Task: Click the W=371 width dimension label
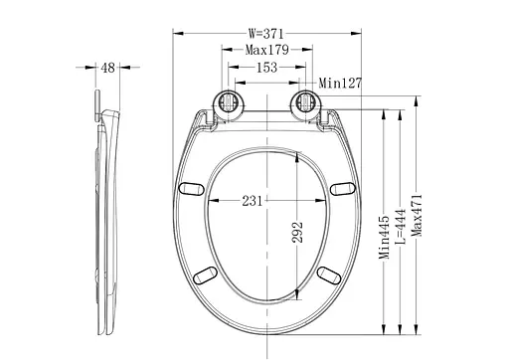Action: tap(266, 34)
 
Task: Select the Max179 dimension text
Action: tap(267, 50)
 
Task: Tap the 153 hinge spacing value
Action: tap(266, 68)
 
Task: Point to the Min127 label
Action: tap(340, 83)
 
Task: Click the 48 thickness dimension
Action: tap(107, 68)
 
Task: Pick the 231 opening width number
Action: tap(252, 201)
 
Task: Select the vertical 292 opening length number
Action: tap(297, 232)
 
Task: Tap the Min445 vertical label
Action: tap(384, 237)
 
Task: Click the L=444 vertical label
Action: tap(401, 227)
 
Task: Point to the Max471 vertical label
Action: tap(417, 216)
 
